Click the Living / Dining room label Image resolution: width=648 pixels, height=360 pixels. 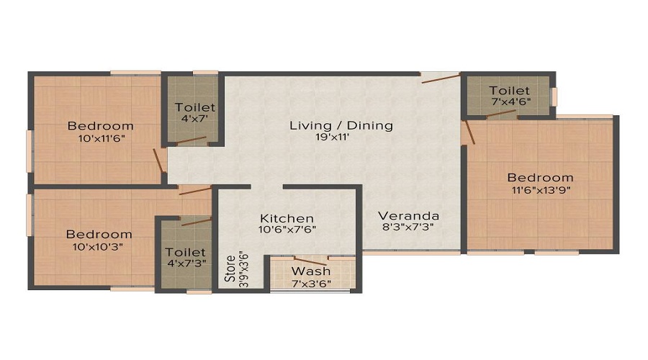[341, 125]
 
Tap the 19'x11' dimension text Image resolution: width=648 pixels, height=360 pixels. [332, 138]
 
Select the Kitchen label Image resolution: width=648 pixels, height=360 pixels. [287, 218]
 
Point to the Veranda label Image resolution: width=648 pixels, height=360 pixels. [408, 216]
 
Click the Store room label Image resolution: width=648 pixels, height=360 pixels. [230, 269]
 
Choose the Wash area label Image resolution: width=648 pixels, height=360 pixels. [311, 271]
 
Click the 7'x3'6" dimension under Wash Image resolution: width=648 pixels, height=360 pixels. [311, 284]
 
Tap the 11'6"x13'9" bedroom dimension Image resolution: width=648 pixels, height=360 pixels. [541, 191]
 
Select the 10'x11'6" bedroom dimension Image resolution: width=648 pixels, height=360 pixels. [102, 138]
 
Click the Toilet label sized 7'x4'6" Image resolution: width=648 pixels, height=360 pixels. [509, 91]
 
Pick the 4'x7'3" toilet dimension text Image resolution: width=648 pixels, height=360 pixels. [186, 264]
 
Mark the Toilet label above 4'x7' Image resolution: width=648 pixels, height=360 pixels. [195, 107]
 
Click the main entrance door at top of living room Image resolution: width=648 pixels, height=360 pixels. [441, 78]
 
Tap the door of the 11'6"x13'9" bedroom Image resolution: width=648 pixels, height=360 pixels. [470, 132]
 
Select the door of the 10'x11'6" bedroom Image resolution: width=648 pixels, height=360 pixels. [158, 161]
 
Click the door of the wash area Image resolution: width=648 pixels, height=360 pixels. [310, 261]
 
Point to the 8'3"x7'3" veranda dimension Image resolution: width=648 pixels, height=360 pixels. [408, 227]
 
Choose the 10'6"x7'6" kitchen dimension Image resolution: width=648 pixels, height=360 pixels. [287, 230]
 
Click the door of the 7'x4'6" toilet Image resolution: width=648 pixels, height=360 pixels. [501, 113]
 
